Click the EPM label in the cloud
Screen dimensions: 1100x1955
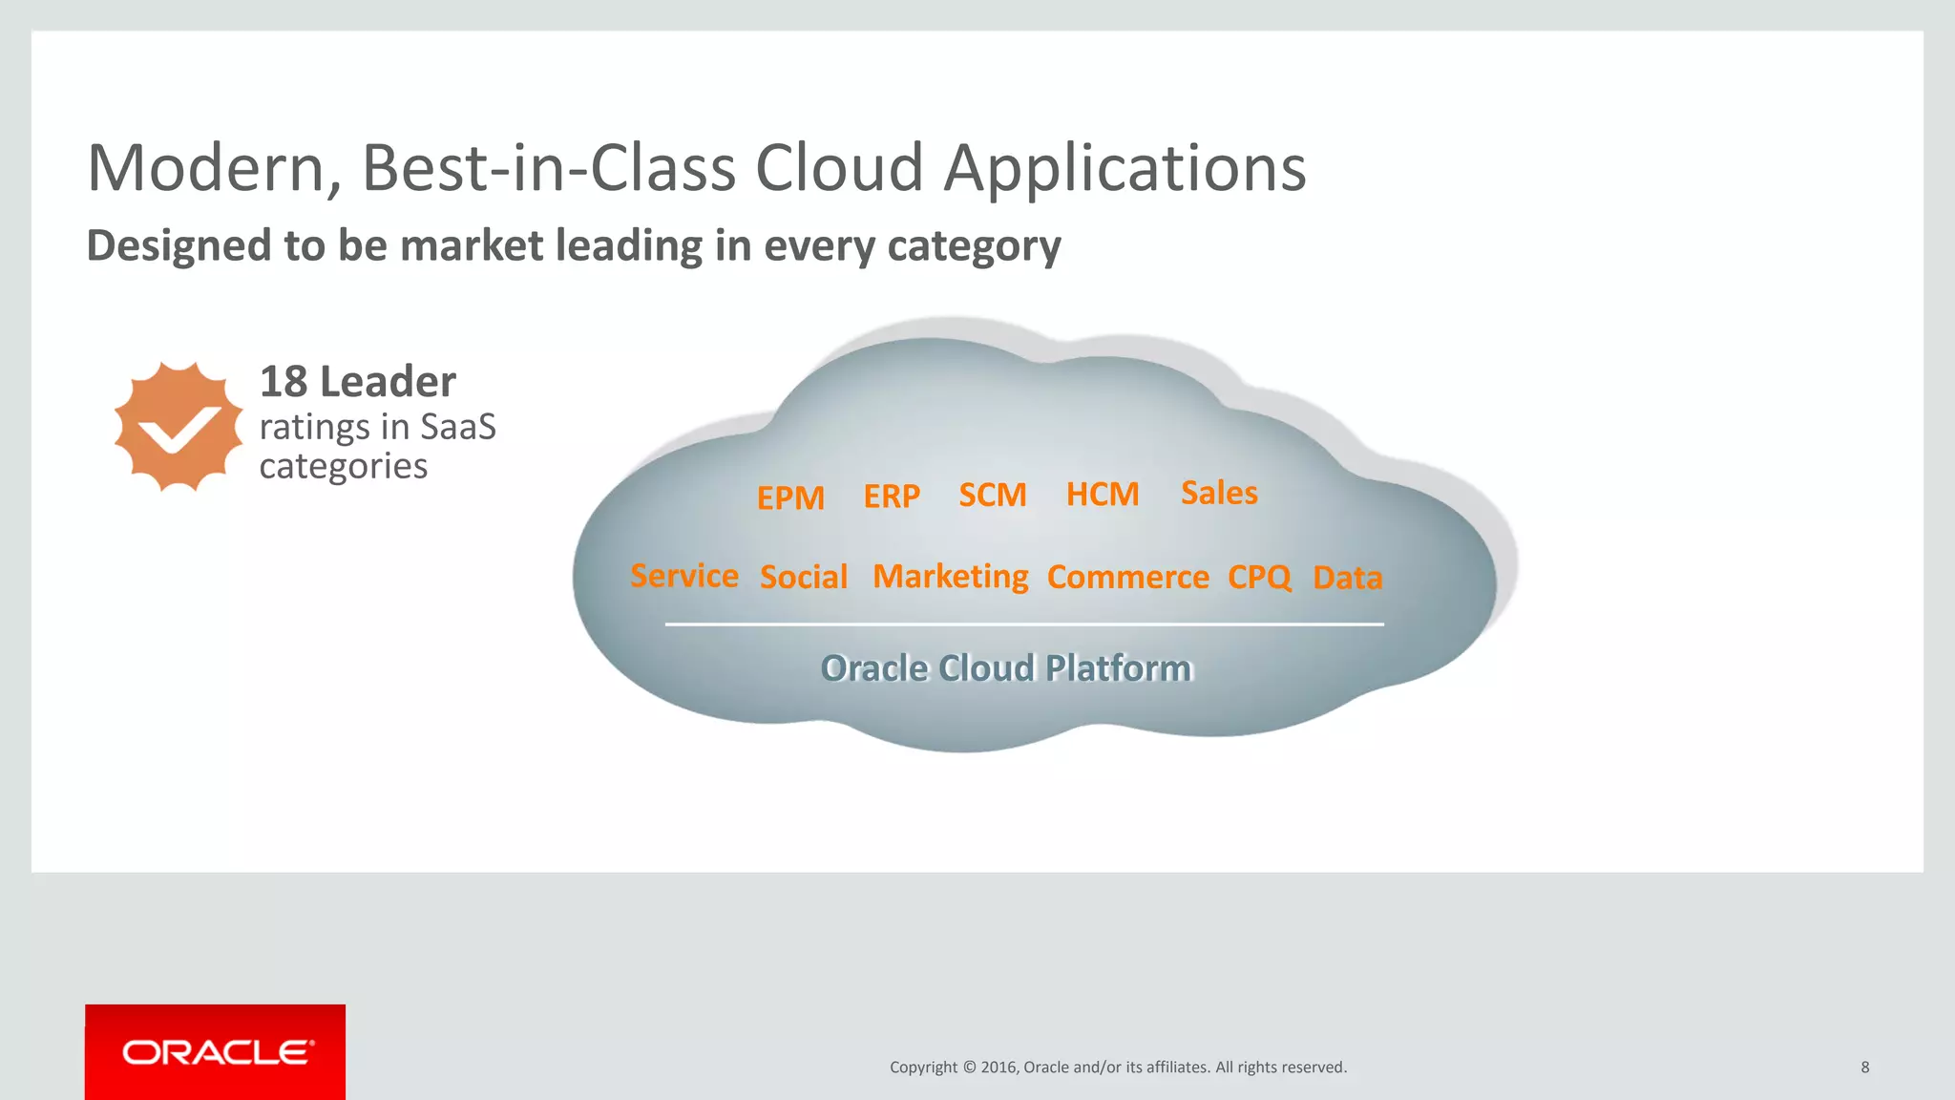tap(790, 497)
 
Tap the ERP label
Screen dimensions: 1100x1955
tap(892, 496)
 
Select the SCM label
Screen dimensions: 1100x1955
tap(993, 495)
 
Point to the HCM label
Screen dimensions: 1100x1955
tap(1103, 494)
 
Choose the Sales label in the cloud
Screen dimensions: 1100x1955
tap(1219, 493)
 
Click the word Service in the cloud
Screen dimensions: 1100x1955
tap(684, 576)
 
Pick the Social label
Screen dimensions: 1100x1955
tap(804, 577)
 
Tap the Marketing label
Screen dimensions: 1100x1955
tap(951, 577)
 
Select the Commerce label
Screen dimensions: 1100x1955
tap(1128, 577)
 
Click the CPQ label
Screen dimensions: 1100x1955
tap(1259, 577)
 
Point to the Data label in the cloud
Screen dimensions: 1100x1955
tap(1347, 578)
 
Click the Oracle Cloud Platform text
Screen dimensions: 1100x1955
tap(1007, 668)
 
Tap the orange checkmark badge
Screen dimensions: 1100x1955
tap(179, 427)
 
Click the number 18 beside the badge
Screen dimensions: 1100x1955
tap(284, 382)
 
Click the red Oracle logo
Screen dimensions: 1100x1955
tap(216, 1052)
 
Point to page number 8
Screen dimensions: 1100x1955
tap(1864, 1068)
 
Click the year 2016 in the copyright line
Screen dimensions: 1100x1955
tap(999, 1068)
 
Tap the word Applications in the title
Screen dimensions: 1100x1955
tap(1125, 169)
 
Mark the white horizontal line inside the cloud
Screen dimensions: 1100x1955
tap(1024, 624)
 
